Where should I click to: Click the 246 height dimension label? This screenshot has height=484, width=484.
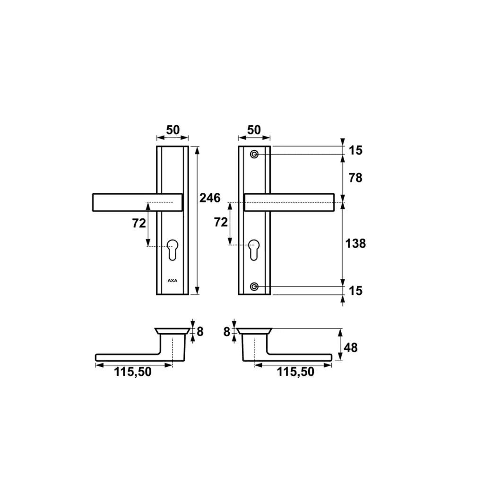(210, 198)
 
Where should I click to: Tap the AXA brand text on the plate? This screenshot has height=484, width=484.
(172, 280)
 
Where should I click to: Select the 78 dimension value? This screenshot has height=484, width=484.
(355, 178)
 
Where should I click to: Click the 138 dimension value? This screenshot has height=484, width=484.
(355, 243)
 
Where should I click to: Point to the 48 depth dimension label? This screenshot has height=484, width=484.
(351, 348)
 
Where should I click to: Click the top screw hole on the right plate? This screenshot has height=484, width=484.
(255, 155)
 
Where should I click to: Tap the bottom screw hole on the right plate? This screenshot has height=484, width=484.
(255, 286)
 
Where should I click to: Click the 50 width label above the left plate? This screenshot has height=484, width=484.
(173, 130)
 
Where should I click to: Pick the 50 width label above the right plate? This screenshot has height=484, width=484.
(254, 130)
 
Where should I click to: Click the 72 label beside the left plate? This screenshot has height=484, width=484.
(139, 224)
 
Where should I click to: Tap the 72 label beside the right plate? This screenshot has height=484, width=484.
(221, 222)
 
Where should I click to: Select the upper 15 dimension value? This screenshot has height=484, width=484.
(355, 150)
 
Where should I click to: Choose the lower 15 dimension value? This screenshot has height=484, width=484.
(355, 291)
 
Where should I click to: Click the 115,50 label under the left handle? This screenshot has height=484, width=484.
(133, 372)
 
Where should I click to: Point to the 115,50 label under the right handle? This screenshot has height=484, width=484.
(295, 372)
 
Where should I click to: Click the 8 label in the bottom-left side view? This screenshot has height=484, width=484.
(200, 332)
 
